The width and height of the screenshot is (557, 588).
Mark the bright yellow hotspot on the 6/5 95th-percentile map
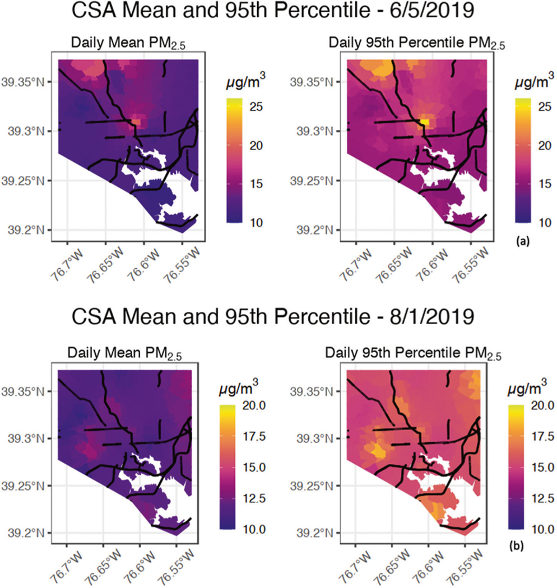[424, 122]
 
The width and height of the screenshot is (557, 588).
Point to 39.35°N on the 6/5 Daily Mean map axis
[34, 82]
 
